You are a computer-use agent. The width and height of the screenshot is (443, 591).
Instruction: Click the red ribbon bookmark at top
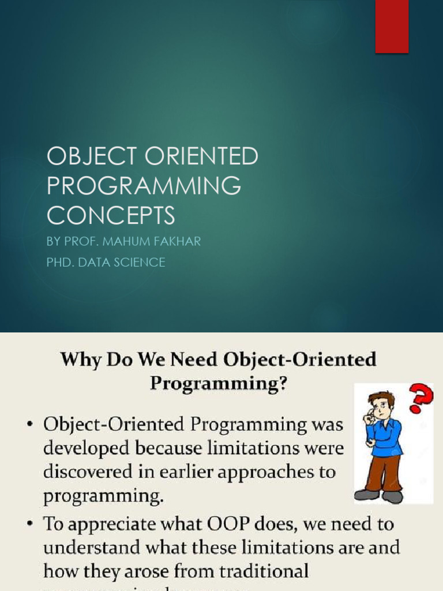[x=392, y=26]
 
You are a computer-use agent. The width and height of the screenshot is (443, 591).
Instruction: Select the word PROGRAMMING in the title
[x=144, y=186]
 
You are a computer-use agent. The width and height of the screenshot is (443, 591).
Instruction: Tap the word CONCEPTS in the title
[x=111, y=215]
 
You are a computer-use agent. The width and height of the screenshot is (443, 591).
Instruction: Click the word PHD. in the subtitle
[x=61, y=262]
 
